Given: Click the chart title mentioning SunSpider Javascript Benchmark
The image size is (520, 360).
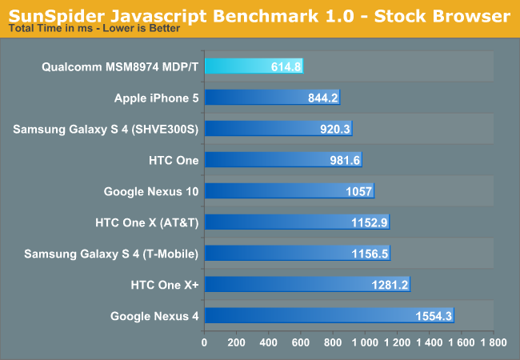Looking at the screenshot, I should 259,15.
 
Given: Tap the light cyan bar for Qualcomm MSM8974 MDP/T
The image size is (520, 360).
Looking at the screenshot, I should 254,66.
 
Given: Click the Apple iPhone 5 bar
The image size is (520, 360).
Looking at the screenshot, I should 273,98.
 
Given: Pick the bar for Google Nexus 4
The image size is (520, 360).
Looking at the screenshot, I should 330,316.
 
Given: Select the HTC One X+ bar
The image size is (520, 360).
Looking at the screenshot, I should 308,285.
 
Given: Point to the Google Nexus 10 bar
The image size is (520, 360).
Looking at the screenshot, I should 290,191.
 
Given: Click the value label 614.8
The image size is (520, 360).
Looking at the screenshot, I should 286,66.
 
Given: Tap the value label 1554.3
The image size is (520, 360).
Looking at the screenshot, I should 434,316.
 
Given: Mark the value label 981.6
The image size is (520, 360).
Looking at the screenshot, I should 345,160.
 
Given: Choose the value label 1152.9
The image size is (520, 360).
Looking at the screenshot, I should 369,222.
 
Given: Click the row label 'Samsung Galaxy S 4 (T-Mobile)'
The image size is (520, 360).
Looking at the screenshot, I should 111,254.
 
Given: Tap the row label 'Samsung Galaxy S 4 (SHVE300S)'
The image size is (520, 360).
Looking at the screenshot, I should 106,129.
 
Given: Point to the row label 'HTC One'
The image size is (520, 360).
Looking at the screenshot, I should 174,160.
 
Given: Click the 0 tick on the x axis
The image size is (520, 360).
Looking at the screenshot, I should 205,342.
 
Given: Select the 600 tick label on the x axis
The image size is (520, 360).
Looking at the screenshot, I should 301,342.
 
